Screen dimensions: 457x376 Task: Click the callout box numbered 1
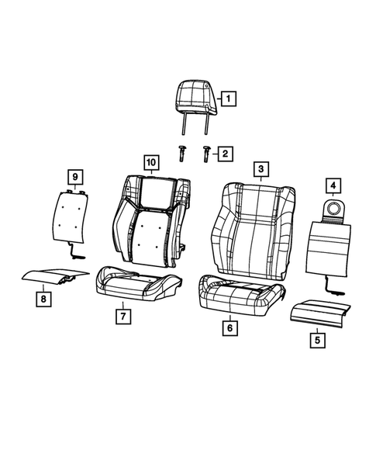pyautogui.click(x=228, y=99)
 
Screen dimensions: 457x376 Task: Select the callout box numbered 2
pyautogui.click(x=223, y=154)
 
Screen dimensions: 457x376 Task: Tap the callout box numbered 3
pyautogui.click(x=260, y=169)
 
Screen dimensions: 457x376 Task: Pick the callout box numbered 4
pyautogui.click(x=332, y=185)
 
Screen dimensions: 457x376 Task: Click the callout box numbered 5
pyautogui.click(x=317, y=338)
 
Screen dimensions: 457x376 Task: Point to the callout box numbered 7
pyautogui.click(x=122, y=317)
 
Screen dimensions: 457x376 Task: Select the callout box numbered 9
pyautogui.click(x=74, y=178)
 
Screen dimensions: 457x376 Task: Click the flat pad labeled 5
pyautogui.click(x=318, y=310)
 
